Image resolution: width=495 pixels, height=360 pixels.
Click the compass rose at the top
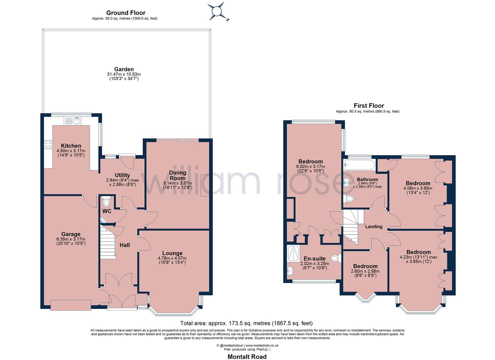(217, 11)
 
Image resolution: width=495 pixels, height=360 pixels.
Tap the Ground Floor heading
(126, 13)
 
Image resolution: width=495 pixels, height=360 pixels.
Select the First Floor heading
(369, 106)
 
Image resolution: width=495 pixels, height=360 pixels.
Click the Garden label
(124, 69)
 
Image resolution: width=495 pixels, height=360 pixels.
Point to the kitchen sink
(73, 121)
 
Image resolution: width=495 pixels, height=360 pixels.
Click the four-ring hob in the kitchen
(48, 145)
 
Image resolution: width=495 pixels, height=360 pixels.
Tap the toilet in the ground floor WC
(107, 201)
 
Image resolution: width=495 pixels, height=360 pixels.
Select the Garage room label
(71, 234)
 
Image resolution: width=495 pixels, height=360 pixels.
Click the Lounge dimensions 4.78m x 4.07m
(172, 258)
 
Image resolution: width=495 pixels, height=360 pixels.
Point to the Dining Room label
(177, 175)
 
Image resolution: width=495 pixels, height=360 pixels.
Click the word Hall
(125, 245)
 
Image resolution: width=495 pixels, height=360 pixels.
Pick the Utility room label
(122, 175)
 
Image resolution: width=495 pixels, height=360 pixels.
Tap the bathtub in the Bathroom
(359, 165)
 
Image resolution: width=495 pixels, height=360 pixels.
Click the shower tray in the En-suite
(293, 253)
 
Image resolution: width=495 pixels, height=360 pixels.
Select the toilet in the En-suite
(336, 258)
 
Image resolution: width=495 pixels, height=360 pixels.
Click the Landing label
(374, 227)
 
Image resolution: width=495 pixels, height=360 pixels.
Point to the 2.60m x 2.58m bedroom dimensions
(365, 271)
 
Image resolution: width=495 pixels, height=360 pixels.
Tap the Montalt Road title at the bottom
(247, 356)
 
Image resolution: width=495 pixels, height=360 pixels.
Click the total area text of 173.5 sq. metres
(246, 323)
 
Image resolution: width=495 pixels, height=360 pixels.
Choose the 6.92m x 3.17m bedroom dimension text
(310, 167)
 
